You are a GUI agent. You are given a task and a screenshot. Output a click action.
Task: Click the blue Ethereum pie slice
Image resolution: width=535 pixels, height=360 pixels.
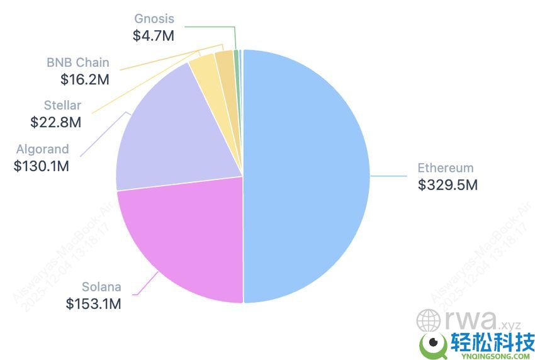pyautogui.click(x=308, y=176)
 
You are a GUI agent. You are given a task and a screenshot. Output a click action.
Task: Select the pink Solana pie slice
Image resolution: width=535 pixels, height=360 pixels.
pyautogui.click(x=183, y=239)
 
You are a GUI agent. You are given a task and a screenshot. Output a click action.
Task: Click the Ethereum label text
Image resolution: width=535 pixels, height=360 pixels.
pyautogui.click(x=445, y=168)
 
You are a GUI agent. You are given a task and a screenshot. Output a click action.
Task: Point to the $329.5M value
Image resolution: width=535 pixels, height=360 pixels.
pyautogui.click(x=448, y=185)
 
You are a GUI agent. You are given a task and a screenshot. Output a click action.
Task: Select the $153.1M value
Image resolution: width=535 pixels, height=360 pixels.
pyautogui.click(x=93, y=304)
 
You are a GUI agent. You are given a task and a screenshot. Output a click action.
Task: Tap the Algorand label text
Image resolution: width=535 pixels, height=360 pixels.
pyautogui.click(x=43, y=150)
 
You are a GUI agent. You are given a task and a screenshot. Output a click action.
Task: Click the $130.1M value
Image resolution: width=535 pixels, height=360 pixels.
pyautogui.click(x=41, y=167)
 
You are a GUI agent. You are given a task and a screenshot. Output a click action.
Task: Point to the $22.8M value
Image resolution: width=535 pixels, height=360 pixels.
pyautogui.click(x=56, y=123)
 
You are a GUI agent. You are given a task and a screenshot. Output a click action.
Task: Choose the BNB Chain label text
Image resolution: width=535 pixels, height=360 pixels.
pyautogui.click(x=77, y=62)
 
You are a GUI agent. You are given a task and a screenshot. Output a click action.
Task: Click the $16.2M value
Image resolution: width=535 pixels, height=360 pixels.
pyautogui.click(x=85, y=80)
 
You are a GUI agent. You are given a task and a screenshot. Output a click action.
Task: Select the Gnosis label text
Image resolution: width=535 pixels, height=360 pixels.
pyautogui.click(x=154, y=19)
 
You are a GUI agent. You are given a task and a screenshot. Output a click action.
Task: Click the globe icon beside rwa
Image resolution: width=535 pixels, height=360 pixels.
pyautogui.click(x=428, y=320)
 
